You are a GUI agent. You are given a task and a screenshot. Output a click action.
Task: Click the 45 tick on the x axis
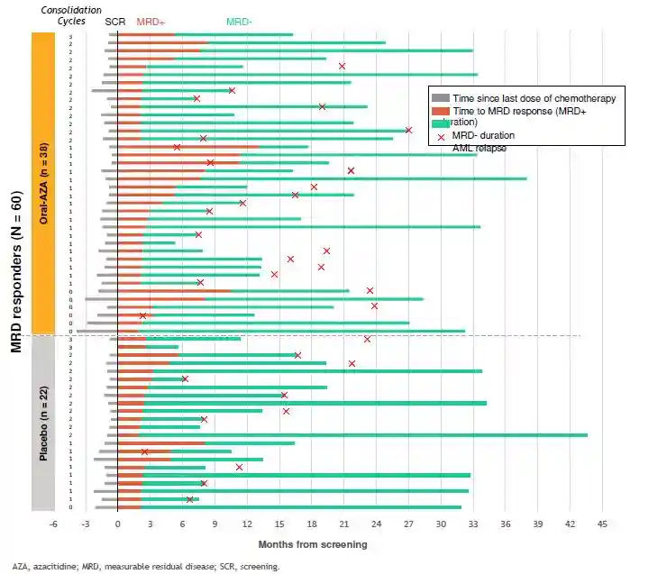tap(602, 524)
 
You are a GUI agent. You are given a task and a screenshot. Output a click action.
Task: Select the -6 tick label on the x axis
tap(53, 524)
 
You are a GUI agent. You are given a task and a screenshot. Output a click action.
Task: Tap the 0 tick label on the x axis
tap(118, 524)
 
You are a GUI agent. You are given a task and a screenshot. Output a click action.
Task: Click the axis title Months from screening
tap(312, 544)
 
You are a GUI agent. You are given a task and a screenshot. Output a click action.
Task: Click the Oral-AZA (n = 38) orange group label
tap(44, 183)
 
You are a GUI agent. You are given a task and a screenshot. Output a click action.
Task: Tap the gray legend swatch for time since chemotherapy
tap(441, 98)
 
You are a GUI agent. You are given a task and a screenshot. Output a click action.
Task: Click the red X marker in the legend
tap(441, 136)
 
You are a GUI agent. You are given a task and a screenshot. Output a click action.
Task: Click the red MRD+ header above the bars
tap(150, 21)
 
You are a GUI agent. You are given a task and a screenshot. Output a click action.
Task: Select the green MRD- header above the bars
tap(240, 21)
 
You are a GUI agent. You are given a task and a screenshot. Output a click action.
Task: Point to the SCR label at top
tap(115, 21)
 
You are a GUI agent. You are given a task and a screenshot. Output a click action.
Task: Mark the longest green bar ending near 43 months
tap(361, 435)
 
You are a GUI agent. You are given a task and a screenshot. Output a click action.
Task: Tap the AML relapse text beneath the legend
tap(479, 148)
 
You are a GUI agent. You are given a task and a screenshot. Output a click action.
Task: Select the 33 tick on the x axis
tap(473, 524)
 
